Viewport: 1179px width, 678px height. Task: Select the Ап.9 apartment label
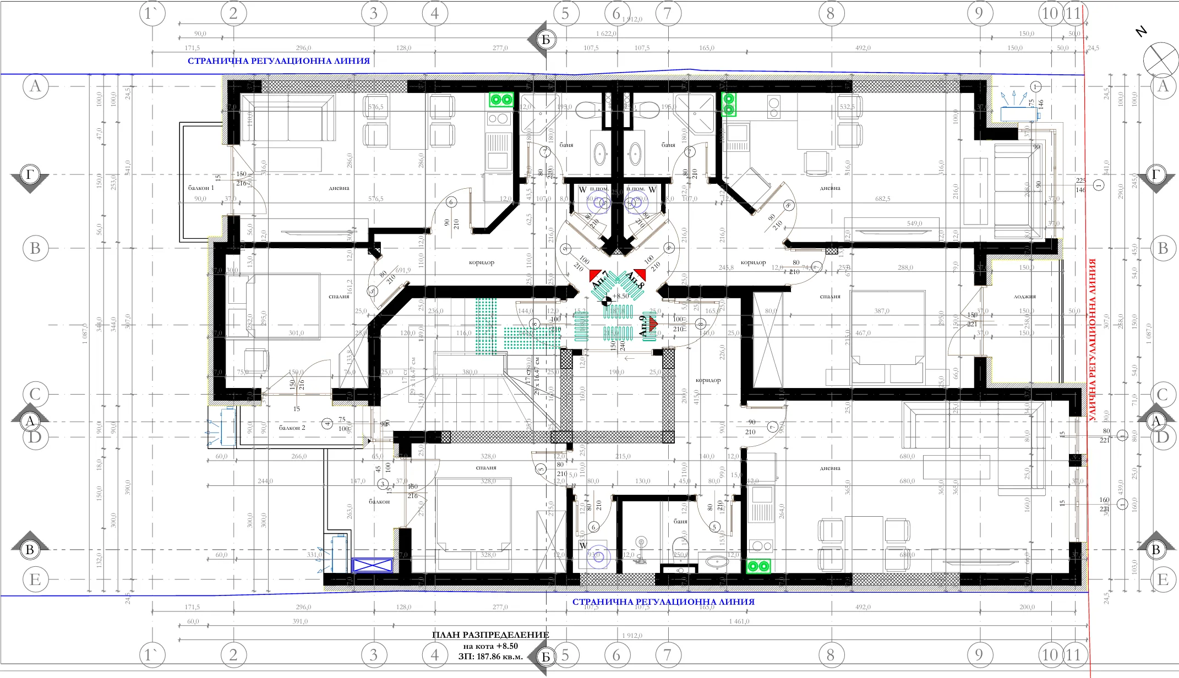tap(642, 326)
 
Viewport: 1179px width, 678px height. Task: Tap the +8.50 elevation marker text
tap(620, 296)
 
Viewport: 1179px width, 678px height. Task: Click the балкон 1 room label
tap(201, 188)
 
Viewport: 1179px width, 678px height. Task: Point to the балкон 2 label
tap(292, 428)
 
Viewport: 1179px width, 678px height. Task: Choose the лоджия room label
tap(1024, 296)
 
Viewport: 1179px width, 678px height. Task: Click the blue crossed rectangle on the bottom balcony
tap(372, 565)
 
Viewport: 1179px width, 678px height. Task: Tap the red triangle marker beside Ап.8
tap(640, 274)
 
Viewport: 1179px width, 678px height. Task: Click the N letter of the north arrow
tap(1141, 32)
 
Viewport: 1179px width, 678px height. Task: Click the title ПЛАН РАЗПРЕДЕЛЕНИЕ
tap(490, 635)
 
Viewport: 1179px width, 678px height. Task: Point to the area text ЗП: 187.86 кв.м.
tap(490, 657)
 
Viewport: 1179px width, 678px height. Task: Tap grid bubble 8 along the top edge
tap(830, 13)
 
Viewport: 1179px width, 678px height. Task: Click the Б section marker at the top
tap(545, 40)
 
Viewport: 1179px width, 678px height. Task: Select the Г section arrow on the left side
tap(30, 175)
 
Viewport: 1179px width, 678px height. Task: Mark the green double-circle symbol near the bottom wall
tap(758, 566)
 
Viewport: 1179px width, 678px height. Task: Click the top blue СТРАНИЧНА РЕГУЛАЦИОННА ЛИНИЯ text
tap(279, 61)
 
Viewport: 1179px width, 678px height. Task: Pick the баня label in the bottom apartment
tap(680, 521)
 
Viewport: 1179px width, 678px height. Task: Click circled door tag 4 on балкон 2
tap(327, 423)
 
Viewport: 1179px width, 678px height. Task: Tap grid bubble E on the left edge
tap(35, 579)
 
